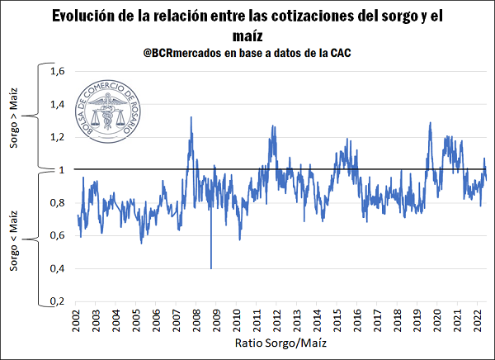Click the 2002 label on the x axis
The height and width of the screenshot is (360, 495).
click(x=77, y=321)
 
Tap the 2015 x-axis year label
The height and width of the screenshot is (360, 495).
click(x=337, y=321)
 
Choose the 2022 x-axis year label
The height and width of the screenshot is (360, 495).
click(x=478, y=321)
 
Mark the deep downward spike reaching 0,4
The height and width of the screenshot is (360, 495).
click(x=210, y=266)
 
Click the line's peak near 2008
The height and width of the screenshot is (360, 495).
click(x=191, y=118)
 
